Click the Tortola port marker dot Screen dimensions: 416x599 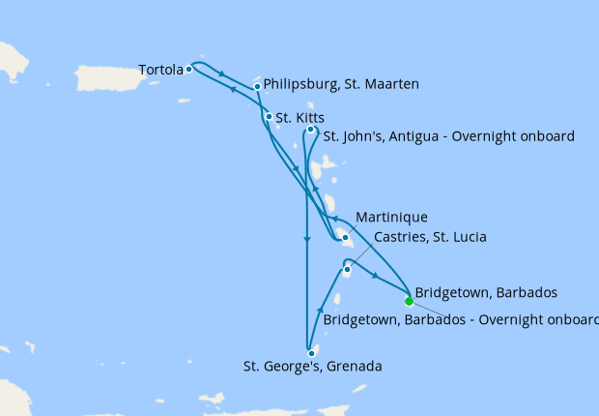(189, 69)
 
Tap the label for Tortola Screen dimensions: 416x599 (160, 70)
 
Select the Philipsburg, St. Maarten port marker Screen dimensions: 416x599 (257, 87)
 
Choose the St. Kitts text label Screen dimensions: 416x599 (299, 118)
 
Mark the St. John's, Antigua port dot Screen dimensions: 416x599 (310, 130)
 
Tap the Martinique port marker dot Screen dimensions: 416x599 (345, 237)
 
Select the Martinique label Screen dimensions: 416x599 (391, 217)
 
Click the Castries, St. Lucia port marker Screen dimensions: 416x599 (347, 270)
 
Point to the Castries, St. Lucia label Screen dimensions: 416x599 (419, 237)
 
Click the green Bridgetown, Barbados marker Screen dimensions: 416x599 (409, 300)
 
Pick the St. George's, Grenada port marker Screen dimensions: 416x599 (311, 353)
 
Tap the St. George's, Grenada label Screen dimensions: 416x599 (312, 367)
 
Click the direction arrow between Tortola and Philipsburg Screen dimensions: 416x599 (223, 75)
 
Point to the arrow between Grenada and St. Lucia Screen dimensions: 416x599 (320, 309)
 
